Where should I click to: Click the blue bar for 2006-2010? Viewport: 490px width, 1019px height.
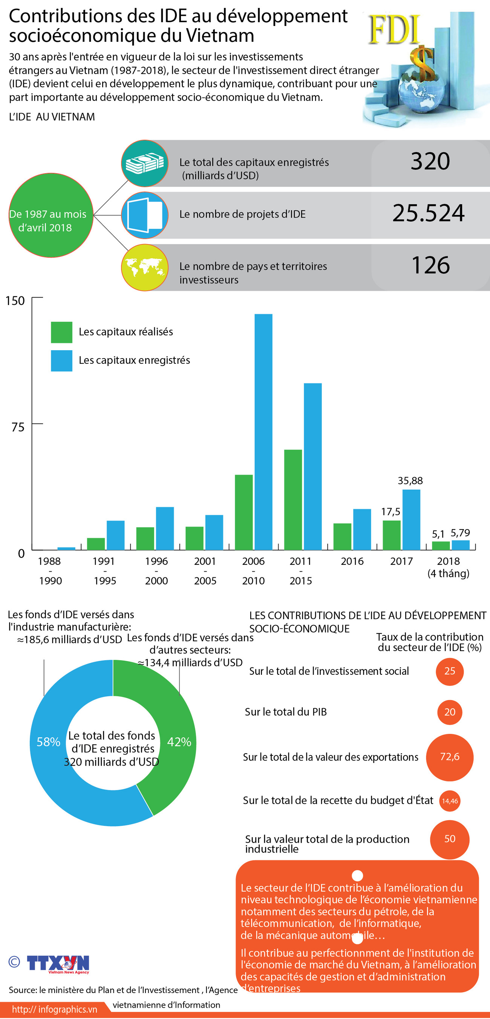point(263,432)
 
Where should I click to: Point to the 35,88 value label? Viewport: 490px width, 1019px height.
point(410,481)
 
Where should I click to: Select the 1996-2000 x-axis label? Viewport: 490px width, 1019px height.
point(156,571)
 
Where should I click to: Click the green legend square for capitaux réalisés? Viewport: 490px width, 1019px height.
point(61,332)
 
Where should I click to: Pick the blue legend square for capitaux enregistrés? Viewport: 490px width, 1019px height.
point(61,360)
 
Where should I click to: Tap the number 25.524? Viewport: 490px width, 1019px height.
point(428,213)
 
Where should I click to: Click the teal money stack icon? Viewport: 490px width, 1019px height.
point(144,163)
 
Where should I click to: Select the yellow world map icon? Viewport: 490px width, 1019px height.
point(144,267)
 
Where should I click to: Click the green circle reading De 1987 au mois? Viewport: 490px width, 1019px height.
point(51,215)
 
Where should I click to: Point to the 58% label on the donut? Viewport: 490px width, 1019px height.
point(48,742)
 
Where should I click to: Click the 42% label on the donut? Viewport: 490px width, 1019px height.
point(179,742)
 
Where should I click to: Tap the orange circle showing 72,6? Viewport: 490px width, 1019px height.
point(450,757)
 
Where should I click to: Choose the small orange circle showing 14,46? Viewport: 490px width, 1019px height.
point(450,801)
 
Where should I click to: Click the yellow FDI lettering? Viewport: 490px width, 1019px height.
point(394,30)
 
